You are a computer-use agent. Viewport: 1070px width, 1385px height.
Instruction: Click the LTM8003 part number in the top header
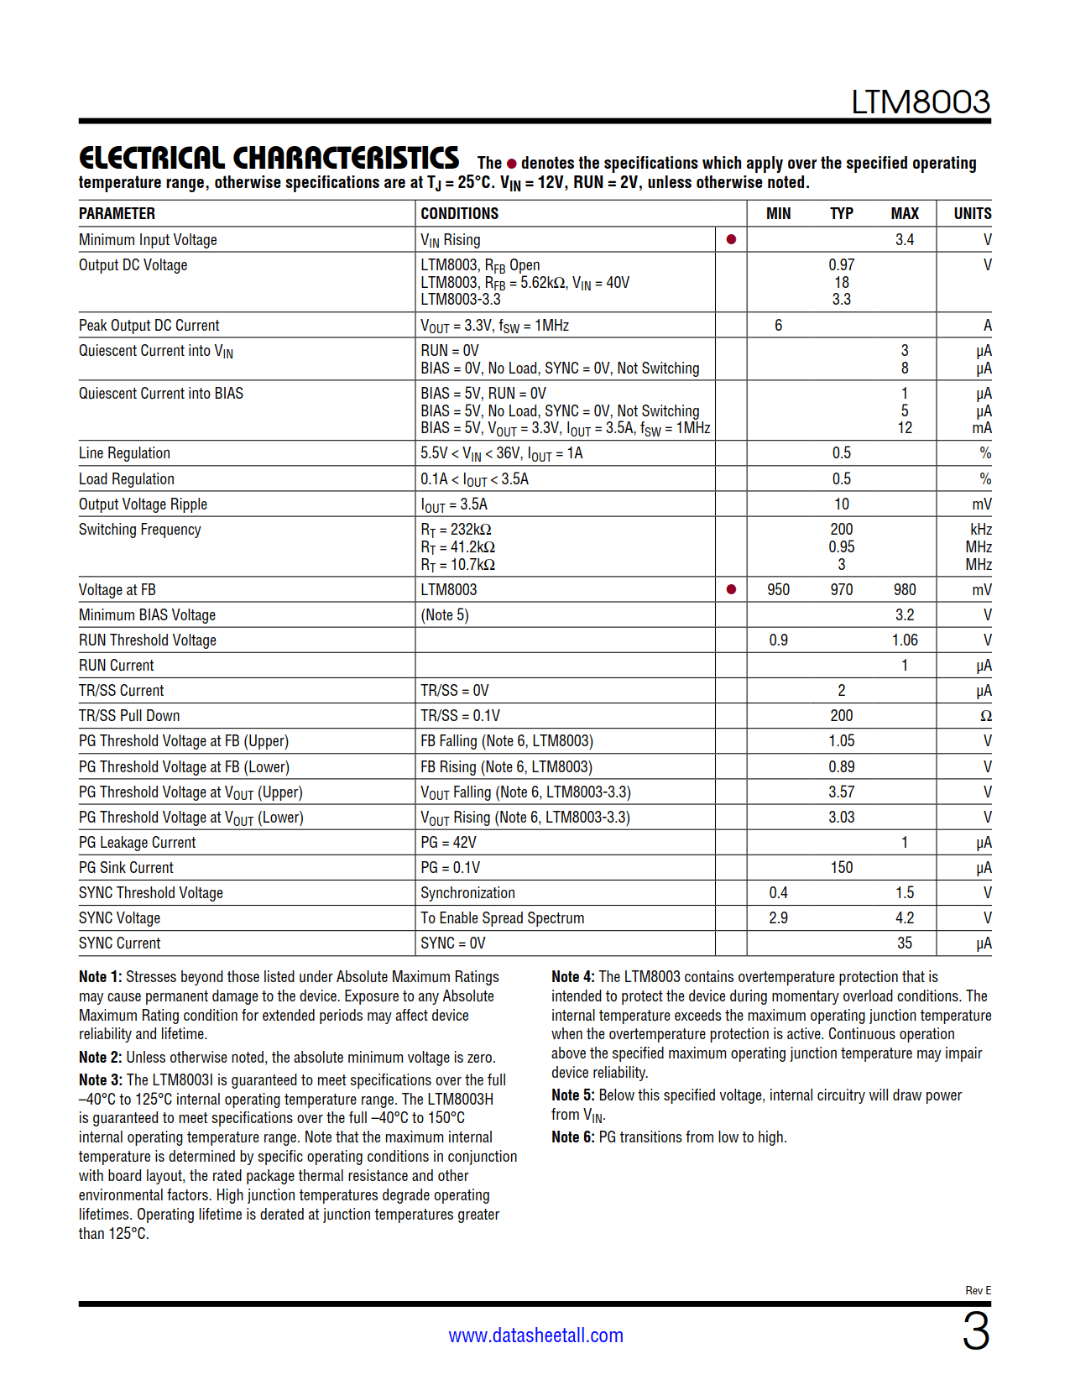pyautogui.click(x=920, y=102)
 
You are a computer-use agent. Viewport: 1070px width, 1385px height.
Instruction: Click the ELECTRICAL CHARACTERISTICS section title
pyautogui.click(x=269, y=158)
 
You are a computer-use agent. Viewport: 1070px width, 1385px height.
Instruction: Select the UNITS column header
pyautogui.click(x=972, y=214)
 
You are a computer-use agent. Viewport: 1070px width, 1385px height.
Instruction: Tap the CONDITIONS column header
pyautogui.click(x=459, y=214)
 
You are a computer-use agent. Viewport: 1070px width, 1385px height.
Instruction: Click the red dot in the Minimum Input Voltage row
pyautogui.click(x=731, y=240)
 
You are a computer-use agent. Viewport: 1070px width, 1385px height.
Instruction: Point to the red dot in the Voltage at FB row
pyautogui.click(x=731, y=590)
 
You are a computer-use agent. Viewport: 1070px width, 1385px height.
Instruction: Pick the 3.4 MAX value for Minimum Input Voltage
pyautogui.click(x=904, y=240)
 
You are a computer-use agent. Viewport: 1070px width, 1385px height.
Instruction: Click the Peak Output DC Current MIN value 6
pyautogui.click(x=778, y=326)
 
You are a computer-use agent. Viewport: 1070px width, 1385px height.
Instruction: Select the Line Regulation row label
pyautogui.click(x=124, y=453)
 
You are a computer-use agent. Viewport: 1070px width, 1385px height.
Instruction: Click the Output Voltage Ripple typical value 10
pyautogui.click(x=841, y=504)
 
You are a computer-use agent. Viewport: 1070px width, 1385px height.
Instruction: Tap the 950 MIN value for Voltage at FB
pyautogui.click(x=778, y=590)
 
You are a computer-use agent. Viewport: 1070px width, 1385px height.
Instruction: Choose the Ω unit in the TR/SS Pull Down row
pyautogui.click(x=985, y=716)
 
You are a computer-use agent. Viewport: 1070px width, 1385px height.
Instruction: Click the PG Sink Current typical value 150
pyautogui.click(x=841, y=868)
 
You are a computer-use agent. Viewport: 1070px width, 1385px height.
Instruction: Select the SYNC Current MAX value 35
pyautogui.click(x=904, y=943)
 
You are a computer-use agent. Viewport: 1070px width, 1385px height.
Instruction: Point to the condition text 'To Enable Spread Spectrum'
pyautogui.click(x=502, y=918)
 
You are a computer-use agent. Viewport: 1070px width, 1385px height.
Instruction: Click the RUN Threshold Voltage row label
pyautogui.click(x=148, y=640)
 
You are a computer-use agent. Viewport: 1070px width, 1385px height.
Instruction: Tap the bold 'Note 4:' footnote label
pyautogui.click(x=572, y=977)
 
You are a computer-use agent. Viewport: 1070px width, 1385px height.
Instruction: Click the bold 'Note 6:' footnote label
pyautogui.click(x=572, y=1137)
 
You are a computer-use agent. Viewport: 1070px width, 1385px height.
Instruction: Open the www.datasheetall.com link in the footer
pyautogui.click(x=535, y=1335)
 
